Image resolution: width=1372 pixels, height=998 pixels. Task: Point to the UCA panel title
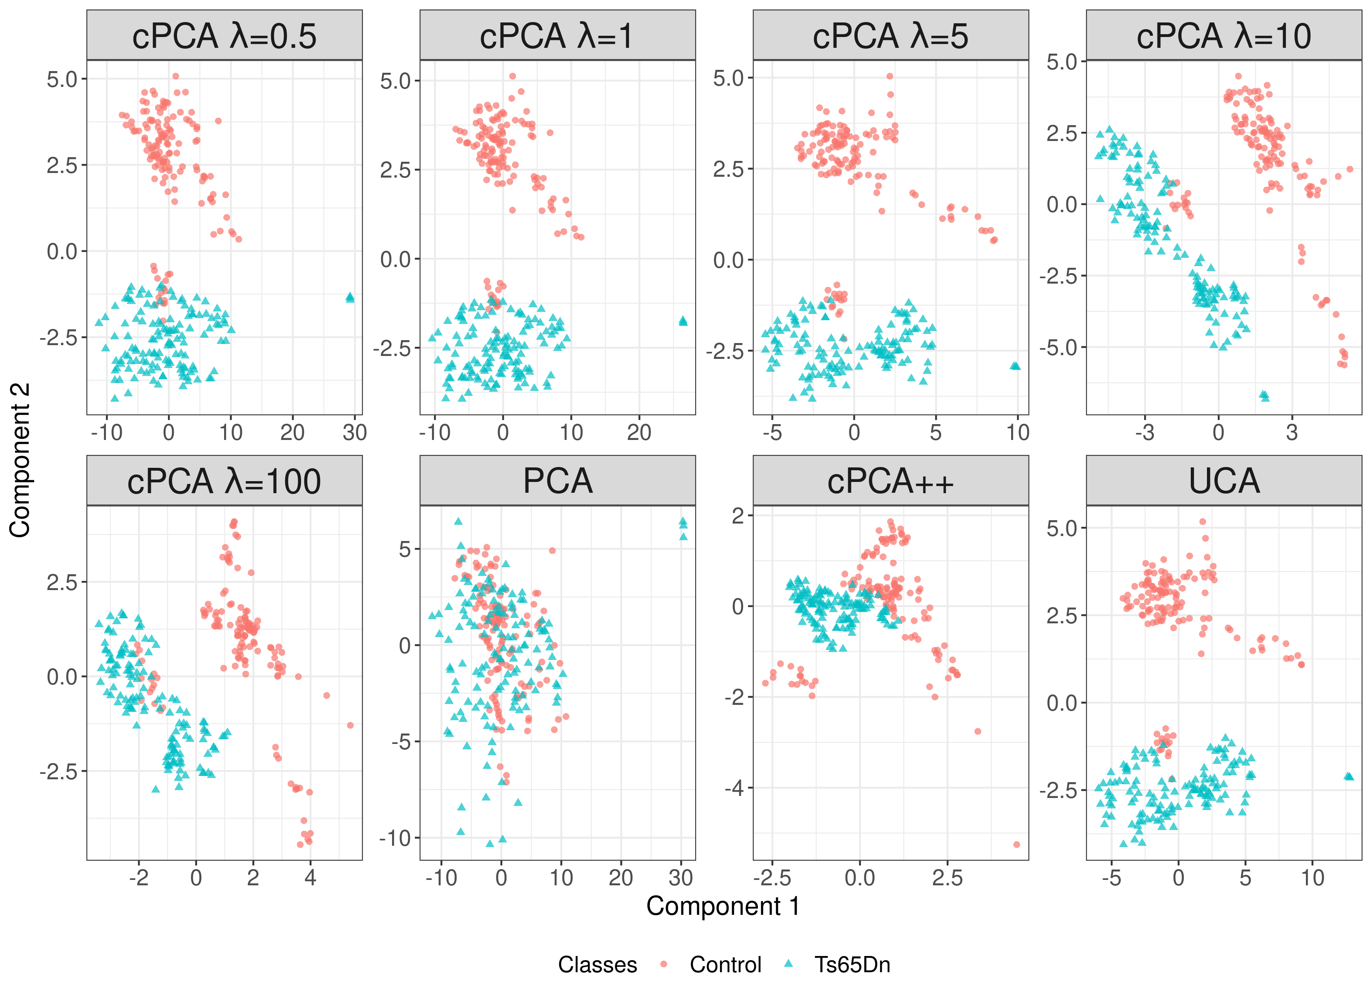click(1224, 482)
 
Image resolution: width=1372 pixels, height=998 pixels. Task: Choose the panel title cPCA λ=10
click(1224, 36)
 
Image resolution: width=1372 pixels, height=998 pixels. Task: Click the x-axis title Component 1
click(723, 907)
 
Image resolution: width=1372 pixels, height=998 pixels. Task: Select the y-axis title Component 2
click(20, 460)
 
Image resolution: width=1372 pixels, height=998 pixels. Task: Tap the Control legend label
click(725, 965)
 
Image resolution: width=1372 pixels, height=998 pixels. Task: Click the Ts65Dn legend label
click(852, 965)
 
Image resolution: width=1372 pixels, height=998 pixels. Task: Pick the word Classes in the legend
click(597, 965)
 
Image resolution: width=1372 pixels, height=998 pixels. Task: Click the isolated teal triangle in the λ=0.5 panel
click(350, 297)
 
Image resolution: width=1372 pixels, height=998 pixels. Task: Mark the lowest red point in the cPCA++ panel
click(1016, 844)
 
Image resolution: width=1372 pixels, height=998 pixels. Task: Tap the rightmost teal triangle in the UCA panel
click(1348, 776)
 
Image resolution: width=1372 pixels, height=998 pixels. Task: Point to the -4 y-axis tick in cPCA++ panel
click(738, 788)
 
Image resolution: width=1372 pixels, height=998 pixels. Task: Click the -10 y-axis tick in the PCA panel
click(396, 839)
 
